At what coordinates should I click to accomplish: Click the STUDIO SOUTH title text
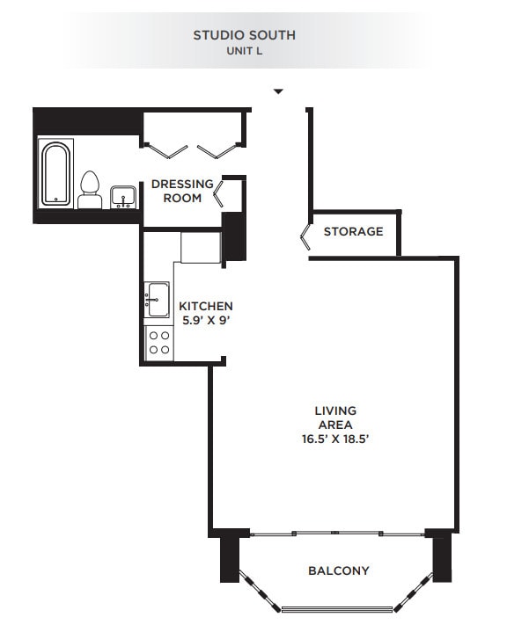point(244,35)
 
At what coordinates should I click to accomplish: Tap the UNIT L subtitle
point(244,51)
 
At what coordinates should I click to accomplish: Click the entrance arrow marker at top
point(278,91)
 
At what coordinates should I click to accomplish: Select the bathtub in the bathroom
point(56,173)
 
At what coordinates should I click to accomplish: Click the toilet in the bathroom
point(89,190)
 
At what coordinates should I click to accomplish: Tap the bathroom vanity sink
point(122,196)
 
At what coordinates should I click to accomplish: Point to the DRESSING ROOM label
point(182,191)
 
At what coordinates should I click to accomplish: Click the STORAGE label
point(353,232)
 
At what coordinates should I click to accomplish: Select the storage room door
point(304,235)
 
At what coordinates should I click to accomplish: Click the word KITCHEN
point(206,306)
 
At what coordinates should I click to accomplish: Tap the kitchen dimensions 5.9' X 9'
point(206,320)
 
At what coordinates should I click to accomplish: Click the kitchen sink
point(158,300)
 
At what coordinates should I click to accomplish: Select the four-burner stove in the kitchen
point(159,342)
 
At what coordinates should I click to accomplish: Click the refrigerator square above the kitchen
point(201,246)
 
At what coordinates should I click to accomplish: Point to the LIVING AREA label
point(335,418)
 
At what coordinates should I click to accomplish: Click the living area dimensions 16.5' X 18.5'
point(335,439)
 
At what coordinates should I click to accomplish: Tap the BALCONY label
point(338,570)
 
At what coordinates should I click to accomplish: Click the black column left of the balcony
point(228,554)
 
